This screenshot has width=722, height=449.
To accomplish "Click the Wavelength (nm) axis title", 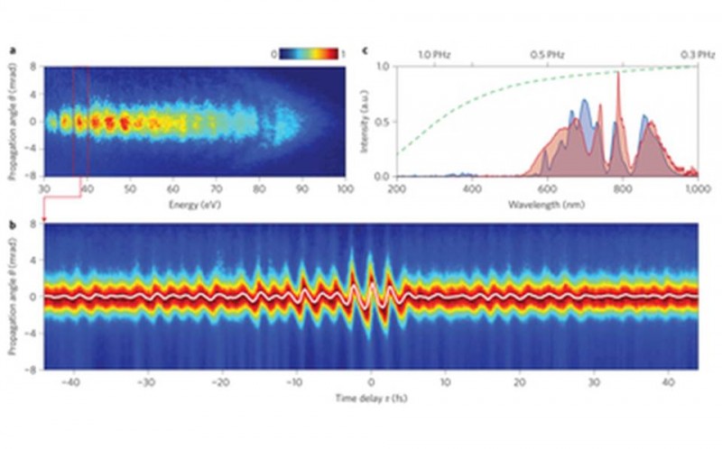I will [545, 203].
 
